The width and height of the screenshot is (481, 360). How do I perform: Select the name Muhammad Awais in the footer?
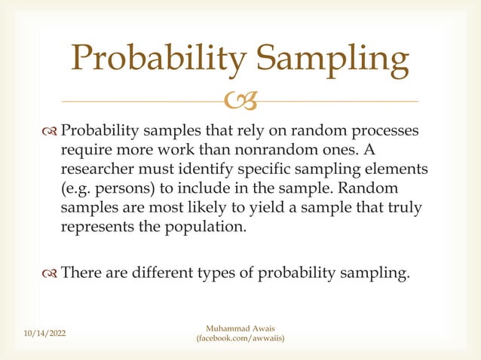[x=240, y=328]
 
